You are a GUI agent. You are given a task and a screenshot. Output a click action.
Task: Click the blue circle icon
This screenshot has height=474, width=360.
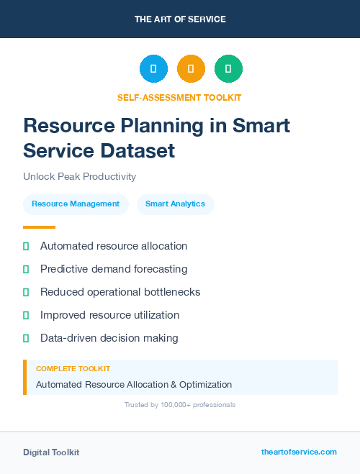tap(153, 68)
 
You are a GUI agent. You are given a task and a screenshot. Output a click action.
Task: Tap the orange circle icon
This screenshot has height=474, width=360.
tap(191, 68)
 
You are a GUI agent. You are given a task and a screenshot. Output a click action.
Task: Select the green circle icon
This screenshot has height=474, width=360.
tap(228, 68)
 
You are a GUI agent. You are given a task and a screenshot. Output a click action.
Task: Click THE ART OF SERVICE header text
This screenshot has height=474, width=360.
tap(180, 19)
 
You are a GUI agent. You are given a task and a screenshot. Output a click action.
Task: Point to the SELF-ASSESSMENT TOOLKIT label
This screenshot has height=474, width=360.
tap(179, 97)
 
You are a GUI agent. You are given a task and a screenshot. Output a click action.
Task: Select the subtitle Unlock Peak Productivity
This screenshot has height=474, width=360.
tap(79, 176)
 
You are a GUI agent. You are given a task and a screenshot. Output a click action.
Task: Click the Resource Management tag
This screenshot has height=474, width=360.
tap(76, 204)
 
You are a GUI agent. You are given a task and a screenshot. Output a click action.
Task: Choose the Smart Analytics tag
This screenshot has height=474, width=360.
tap(175, 204)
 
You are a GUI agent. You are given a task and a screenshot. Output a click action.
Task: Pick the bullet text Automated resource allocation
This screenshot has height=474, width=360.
tap(114, 246)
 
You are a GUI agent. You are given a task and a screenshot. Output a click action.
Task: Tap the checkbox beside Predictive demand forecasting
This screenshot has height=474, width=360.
tap(26, 270)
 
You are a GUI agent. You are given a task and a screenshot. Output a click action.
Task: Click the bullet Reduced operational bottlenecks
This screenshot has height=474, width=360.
tap(120, 292)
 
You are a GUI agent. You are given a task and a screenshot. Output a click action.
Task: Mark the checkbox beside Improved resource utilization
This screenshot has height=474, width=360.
tap(26, 315)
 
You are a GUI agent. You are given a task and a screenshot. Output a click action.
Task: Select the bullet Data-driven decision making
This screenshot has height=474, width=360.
tap(109, 338)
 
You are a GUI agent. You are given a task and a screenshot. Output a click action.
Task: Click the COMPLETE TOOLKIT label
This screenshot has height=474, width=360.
tap(73, 368)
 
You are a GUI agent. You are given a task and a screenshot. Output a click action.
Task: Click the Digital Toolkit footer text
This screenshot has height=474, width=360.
tap(51, 452)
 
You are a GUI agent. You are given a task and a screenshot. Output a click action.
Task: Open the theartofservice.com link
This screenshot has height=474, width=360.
tap(299, 452)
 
